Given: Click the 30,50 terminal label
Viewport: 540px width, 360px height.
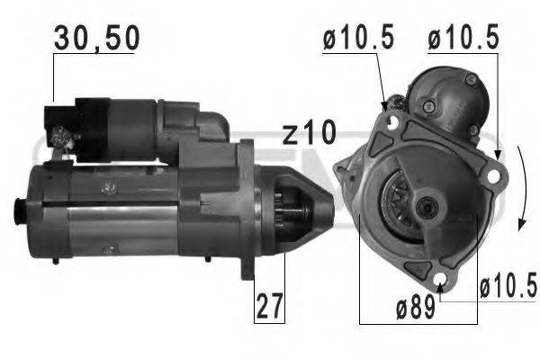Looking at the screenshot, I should [95, 38].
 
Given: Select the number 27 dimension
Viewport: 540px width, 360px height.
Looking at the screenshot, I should [269, 306].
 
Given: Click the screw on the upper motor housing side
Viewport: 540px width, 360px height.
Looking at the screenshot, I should [110, 187].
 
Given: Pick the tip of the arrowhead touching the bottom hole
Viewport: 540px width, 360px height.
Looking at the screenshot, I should [439, 288].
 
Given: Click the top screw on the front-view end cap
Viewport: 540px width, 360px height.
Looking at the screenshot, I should [469, 81].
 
